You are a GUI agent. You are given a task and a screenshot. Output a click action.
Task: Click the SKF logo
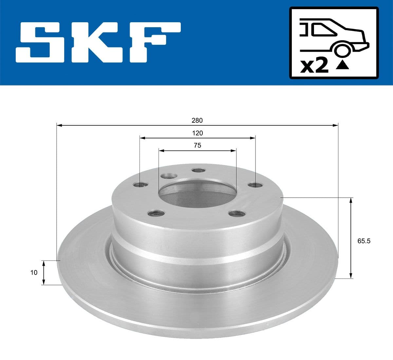pos(98,42)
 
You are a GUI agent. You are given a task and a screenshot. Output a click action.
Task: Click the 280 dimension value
pos(197,120)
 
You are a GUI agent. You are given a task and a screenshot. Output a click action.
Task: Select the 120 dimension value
pos(197,133)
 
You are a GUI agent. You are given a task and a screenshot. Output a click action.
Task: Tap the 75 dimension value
pos(197,146)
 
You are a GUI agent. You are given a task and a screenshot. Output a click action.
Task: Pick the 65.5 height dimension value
pos(364,241)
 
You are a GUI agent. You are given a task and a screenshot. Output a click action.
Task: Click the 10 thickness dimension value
pos(34,272)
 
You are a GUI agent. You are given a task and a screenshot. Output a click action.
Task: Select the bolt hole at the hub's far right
pos(255,185)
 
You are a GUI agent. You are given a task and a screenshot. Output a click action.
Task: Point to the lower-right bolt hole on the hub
pos(237,214)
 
